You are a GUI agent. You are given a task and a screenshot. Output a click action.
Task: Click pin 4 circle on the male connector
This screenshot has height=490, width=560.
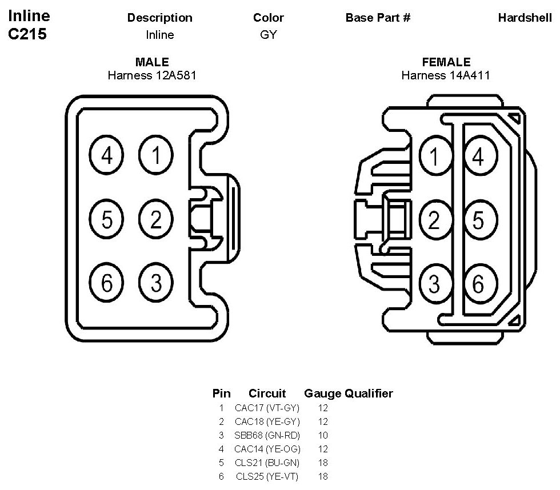(x=107, y=155)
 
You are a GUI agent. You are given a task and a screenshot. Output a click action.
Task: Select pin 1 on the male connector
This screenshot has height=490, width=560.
(x=155, y=155)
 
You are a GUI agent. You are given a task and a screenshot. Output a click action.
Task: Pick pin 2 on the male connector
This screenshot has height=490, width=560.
(x=155, y=219)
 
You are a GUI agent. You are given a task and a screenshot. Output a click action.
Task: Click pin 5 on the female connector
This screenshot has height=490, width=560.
(x=478, y=219)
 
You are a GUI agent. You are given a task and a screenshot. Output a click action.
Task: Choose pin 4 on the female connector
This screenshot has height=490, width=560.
(x=478, y=155)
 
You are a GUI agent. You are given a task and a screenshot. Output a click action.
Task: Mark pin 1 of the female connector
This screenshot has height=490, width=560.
(x=435, y=155)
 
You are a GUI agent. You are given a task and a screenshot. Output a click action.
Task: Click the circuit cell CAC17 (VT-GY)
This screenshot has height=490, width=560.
(x=267, y=408)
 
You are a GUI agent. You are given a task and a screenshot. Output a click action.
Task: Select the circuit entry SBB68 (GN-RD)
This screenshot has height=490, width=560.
(x=267, y=435)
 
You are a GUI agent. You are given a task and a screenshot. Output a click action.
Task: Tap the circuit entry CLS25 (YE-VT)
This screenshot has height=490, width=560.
(x=267, y=476)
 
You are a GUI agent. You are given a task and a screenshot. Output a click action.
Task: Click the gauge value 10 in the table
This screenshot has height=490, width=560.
(x=323, y=435)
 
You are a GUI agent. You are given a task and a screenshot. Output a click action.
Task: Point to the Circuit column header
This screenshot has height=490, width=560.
(x=267, y=393)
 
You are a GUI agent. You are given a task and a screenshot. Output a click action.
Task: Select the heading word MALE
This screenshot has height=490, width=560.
(x=152, y=62)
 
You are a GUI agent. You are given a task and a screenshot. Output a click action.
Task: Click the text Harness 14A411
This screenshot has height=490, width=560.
(x=446, y=75)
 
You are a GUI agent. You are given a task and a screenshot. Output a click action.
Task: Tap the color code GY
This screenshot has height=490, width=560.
(x=268, y=35)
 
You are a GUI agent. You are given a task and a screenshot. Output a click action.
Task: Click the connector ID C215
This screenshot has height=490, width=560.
(x=27, y=34)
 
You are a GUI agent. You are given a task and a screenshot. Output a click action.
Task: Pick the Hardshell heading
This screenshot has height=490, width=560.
(x=525, y=18)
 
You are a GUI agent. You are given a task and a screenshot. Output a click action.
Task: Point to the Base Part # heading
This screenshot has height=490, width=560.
(x=378, y=18)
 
